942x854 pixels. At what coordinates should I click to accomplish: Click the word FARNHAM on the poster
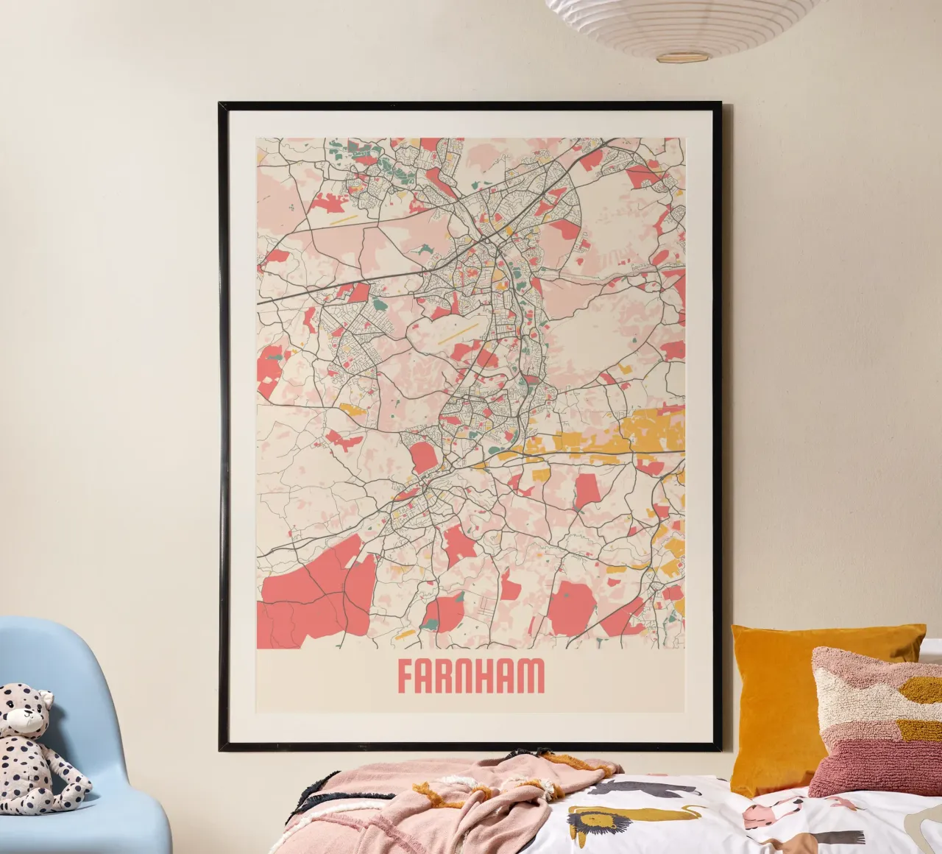(471, 676)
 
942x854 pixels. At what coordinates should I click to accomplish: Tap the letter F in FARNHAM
(406, 676)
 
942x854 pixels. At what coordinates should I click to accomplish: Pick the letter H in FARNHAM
(488, 676)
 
